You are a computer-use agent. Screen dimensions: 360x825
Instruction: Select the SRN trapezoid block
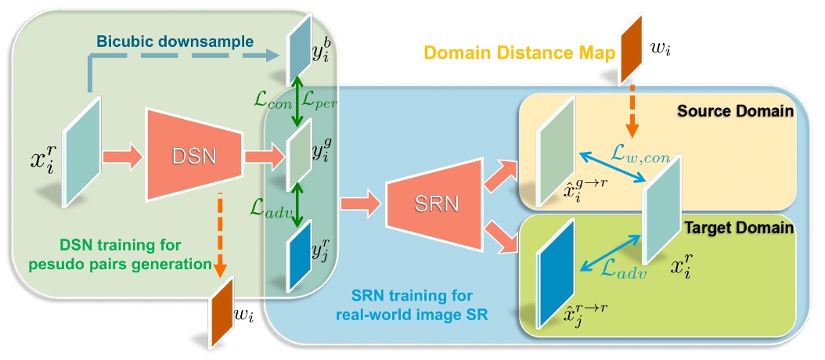click(x=423, y=207)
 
